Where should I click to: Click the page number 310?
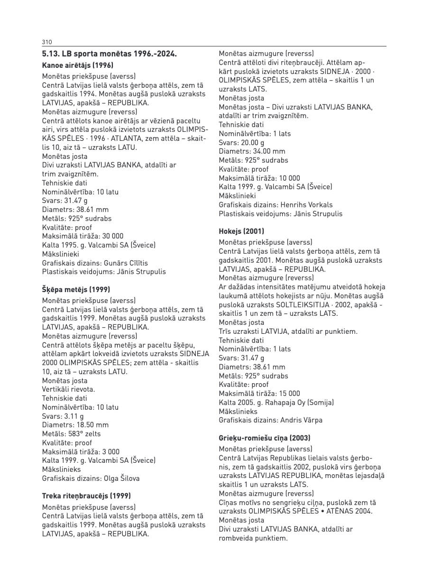46,42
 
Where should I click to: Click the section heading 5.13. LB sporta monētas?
109,54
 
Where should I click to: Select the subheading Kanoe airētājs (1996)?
77,65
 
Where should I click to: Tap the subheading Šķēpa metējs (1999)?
76,289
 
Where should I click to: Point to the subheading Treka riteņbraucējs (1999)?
86,496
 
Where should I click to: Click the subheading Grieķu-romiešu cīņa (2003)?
265,438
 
